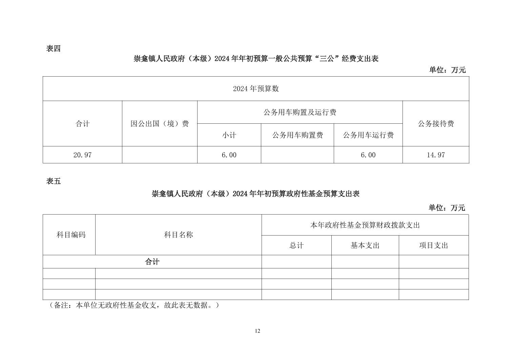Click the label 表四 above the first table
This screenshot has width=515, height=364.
pyautogui.click(x=53, y=48)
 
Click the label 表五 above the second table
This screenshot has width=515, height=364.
pyautogui.click(x=53, y=181)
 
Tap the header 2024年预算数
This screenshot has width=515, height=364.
pyautogui.click(x=256, y=88)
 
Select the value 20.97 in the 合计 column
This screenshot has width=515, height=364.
pyautogui.click(x=82, y=155)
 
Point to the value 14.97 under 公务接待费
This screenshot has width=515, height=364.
pyautogui.click(x=436, y=155)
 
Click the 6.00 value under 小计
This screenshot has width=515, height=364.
pyautogui.click(x=229, y=155)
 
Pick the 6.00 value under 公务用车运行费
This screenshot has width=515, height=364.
pyautogui.click(x=368, y=155)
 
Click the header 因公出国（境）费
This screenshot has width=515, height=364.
pyautogui.click(x=160, y=124)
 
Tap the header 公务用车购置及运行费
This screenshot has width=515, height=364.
pyautogui.click(x=300, y=112)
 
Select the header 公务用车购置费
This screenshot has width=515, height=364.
pyautogui.click(x=297, y=135)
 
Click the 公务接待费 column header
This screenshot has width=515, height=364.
pyautogui.click(x=436, y=124)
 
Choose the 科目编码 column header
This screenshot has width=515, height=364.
pyautogui.click(x=71, y=235)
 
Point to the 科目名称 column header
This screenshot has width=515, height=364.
pyautogui.click(x=179, y=235)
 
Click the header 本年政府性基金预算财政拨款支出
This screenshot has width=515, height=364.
pyautogui.click(x=365, y=225)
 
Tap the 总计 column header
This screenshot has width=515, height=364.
pyautogui.click(x=296, y=245)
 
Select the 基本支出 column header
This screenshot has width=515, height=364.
pyautogui.click(x=365, y=245)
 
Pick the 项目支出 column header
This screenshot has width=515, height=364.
pyautogui.click(x=434, y=245)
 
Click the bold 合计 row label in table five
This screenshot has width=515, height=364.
pyautogui.click(x=152, y=262)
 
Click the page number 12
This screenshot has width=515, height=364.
pyautogui.click(x=257, y=331)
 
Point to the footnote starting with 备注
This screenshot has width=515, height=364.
pyautogui.click(x=133, y=305)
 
